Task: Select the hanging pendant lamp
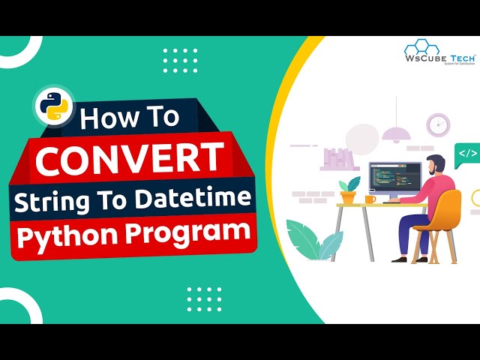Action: pos(395,133)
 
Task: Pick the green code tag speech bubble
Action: pos(466,154)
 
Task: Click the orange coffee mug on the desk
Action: pos(370,199)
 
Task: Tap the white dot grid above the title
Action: pos(180,59)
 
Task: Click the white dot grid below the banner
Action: pos(204,298)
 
